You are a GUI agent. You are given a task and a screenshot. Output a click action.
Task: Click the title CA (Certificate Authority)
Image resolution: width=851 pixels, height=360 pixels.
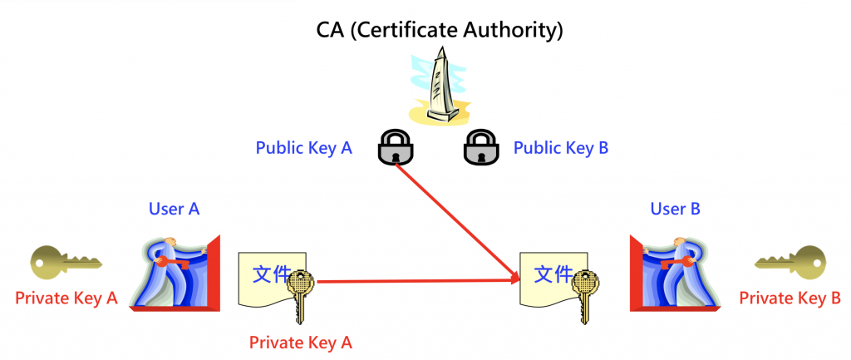coord(440,31)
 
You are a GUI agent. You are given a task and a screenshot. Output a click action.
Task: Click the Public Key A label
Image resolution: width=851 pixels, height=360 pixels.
coord(303,148)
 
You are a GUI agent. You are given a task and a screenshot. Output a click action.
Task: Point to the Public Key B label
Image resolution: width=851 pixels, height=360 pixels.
coord(561,148)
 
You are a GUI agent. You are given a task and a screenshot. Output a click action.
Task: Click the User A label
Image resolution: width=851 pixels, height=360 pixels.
coord(174,208)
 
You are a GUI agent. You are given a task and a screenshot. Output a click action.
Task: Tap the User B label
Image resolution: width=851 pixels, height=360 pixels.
coord(675,208)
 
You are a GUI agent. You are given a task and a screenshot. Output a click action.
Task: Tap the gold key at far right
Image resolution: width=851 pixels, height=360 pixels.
coord(790,263)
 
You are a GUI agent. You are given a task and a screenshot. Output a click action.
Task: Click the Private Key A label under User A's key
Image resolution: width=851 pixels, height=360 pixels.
coord(66,298)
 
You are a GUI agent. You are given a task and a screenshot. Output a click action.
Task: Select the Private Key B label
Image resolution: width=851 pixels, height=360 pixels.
coord(790,298)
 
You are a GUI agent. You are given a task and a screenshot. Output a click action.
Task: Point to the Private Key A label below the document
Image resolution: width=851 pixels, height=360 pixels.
coord(301,341)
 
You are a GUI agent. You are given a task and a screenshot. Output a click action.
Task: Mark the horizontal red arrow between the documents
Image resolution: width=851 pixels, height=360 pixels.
coord(416,282)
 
